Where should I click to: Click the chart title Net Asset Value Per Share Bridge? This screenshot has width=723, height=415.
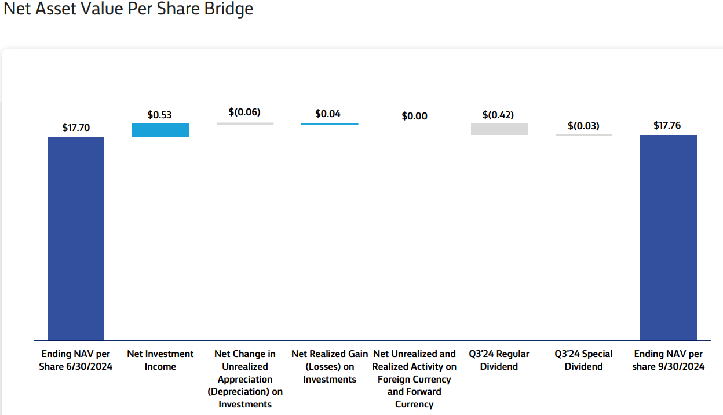point(128,9)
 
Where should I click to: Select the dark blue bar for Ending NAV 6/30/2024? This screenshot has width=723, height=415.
point(76,238)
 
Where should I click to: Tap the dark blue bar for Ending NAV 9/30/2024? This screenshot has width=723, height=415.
point(668,238)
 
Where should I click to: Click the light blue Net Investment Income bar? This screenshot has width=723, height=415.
point(160,130)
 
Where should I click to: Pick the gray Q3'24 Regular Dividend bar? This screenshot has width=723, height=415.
point(499,129)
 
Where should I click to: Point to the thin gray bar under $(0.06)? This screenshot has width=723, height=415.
point(245,123)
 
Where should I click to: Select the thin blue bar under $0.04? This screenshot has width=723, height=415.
point(330,123)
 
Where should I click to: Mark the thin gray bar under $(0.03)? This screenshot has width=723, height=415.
point(583,135)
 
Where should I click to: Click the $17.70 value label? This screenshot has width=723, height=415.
point(76,128)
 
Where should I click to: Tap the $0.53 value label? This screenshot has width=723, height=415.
point(160,115)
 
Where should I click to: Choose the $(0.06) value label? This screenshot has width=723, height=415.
point(244,112)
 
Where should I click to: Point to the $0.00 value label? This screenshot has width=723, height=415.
point(414,116)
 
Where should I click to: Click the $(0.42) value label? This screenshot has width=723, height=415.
point(498,115)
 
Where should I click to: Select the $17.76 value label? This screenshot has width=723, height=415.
point(667,125)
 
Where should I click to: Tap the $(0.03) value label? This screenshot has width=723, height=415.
point(583,126)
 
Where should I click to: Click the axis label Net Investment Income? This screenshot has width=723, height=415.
point(160,360)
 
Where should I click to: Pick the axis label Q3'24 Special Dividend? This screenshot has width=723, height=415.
point(583,360)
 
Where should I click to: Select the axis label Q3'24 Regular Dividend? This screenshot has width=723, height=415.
point(499,360)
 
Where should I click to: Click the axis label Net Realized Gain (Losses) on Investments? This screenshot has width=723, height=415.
point(330,366)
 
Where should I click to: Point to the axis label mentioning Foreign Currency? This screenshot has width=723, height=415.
point(414,379)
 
